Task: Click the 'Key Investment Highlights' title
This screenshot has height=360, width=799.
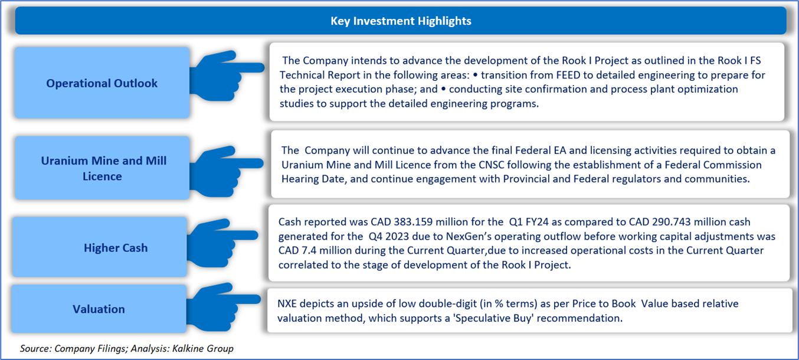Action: [401, 21]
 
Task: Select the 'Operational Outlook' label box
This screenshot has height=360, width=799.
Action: [102, 83]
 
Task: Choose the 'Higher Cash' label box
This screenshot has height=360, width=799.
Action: [100, 247]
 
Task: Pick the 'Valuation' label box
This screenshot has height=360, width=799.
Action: [99, 309]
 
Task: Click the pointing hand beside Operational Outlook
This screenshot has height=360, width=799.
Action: [226, 76]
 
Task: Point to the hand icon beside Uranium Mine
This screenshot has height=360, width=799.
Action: [226, 171]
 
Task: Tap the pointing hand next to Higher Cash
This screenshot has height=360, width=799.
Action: [222, 243]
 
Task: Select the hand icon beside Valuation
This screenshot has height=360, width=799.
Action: [223, 307]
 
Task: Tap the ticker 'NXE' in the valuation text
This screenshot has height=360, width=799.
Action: [287, 303]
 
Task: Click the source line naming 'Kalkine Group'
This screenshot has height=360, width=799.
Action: [127, 348]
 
